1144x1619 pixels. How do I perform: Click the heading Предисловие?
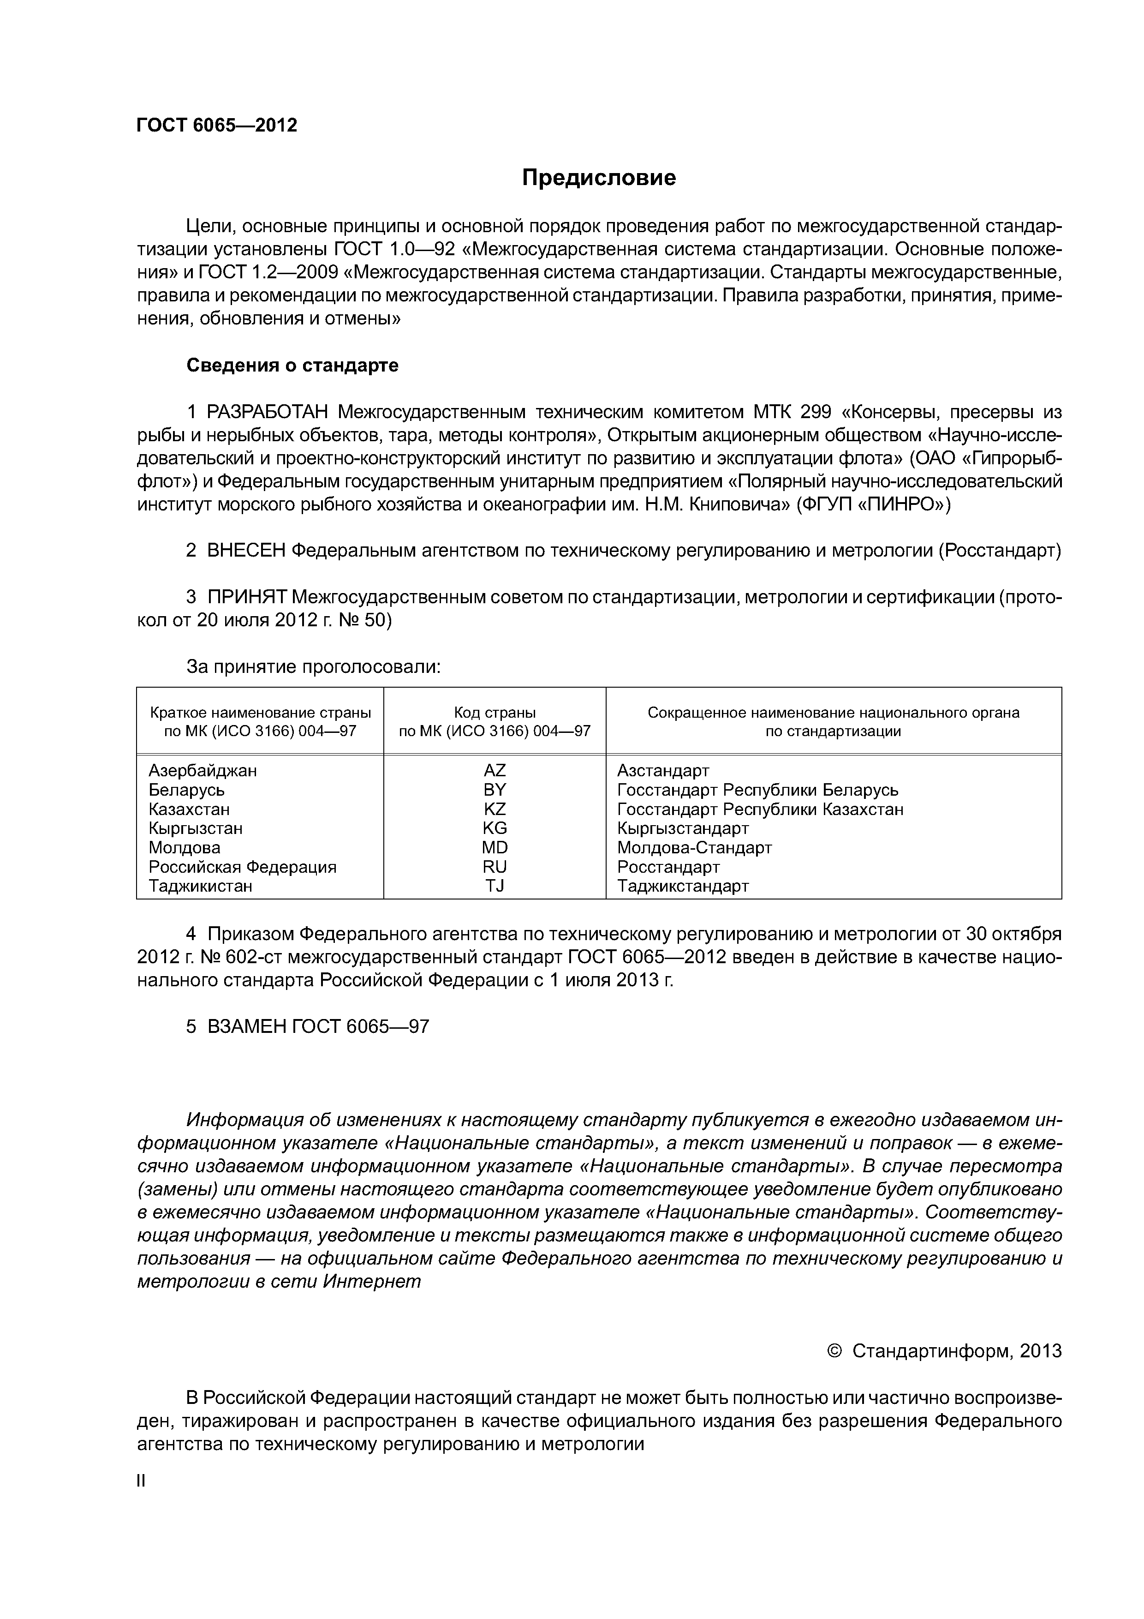598,178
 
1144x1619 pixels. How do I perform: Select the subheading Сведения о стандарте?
292,365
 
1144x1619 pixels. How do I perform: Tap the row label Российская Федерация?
243,867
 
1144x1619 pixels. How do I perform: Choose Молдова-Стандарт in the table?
694,848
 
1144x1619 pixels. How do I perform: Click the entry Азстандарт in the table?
662,771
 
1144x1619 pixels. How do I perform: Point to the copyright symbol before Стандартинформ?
834,1351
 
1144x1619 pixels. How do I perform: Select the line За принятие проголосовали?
313,666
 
